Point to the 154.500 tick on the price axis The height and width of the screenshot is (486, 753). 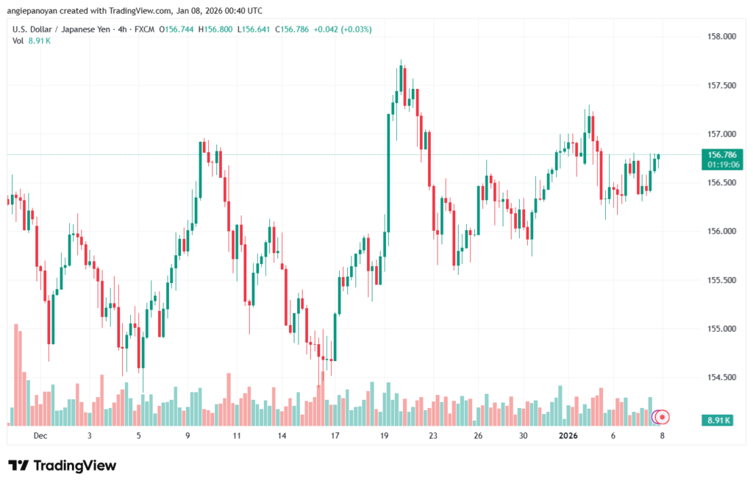click(x=721, y=377)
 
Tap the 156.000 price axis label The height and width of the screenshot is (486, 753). click(x=721, y=232)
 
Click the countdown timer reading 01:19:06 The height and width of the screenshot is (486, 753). click(x=723, y=165)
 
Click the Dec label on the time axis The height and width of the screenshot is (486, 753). click(x=40, y=435)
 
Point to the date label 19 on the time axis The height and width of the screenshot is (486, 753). click(x=384, y=435)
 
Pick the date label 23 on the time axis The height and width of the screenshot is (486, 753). click(x=433, y=435)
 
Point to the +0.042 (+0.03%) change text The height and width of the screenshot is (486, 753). click(x=343, y=29)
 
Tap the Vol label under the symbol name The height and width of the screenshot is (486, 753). click(x=18, y=40)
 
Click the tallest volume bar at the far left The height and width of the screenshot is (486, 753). click(x=16, y=375)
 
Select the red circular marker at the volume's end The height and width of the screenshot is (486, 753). click(x=663, y=417)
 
